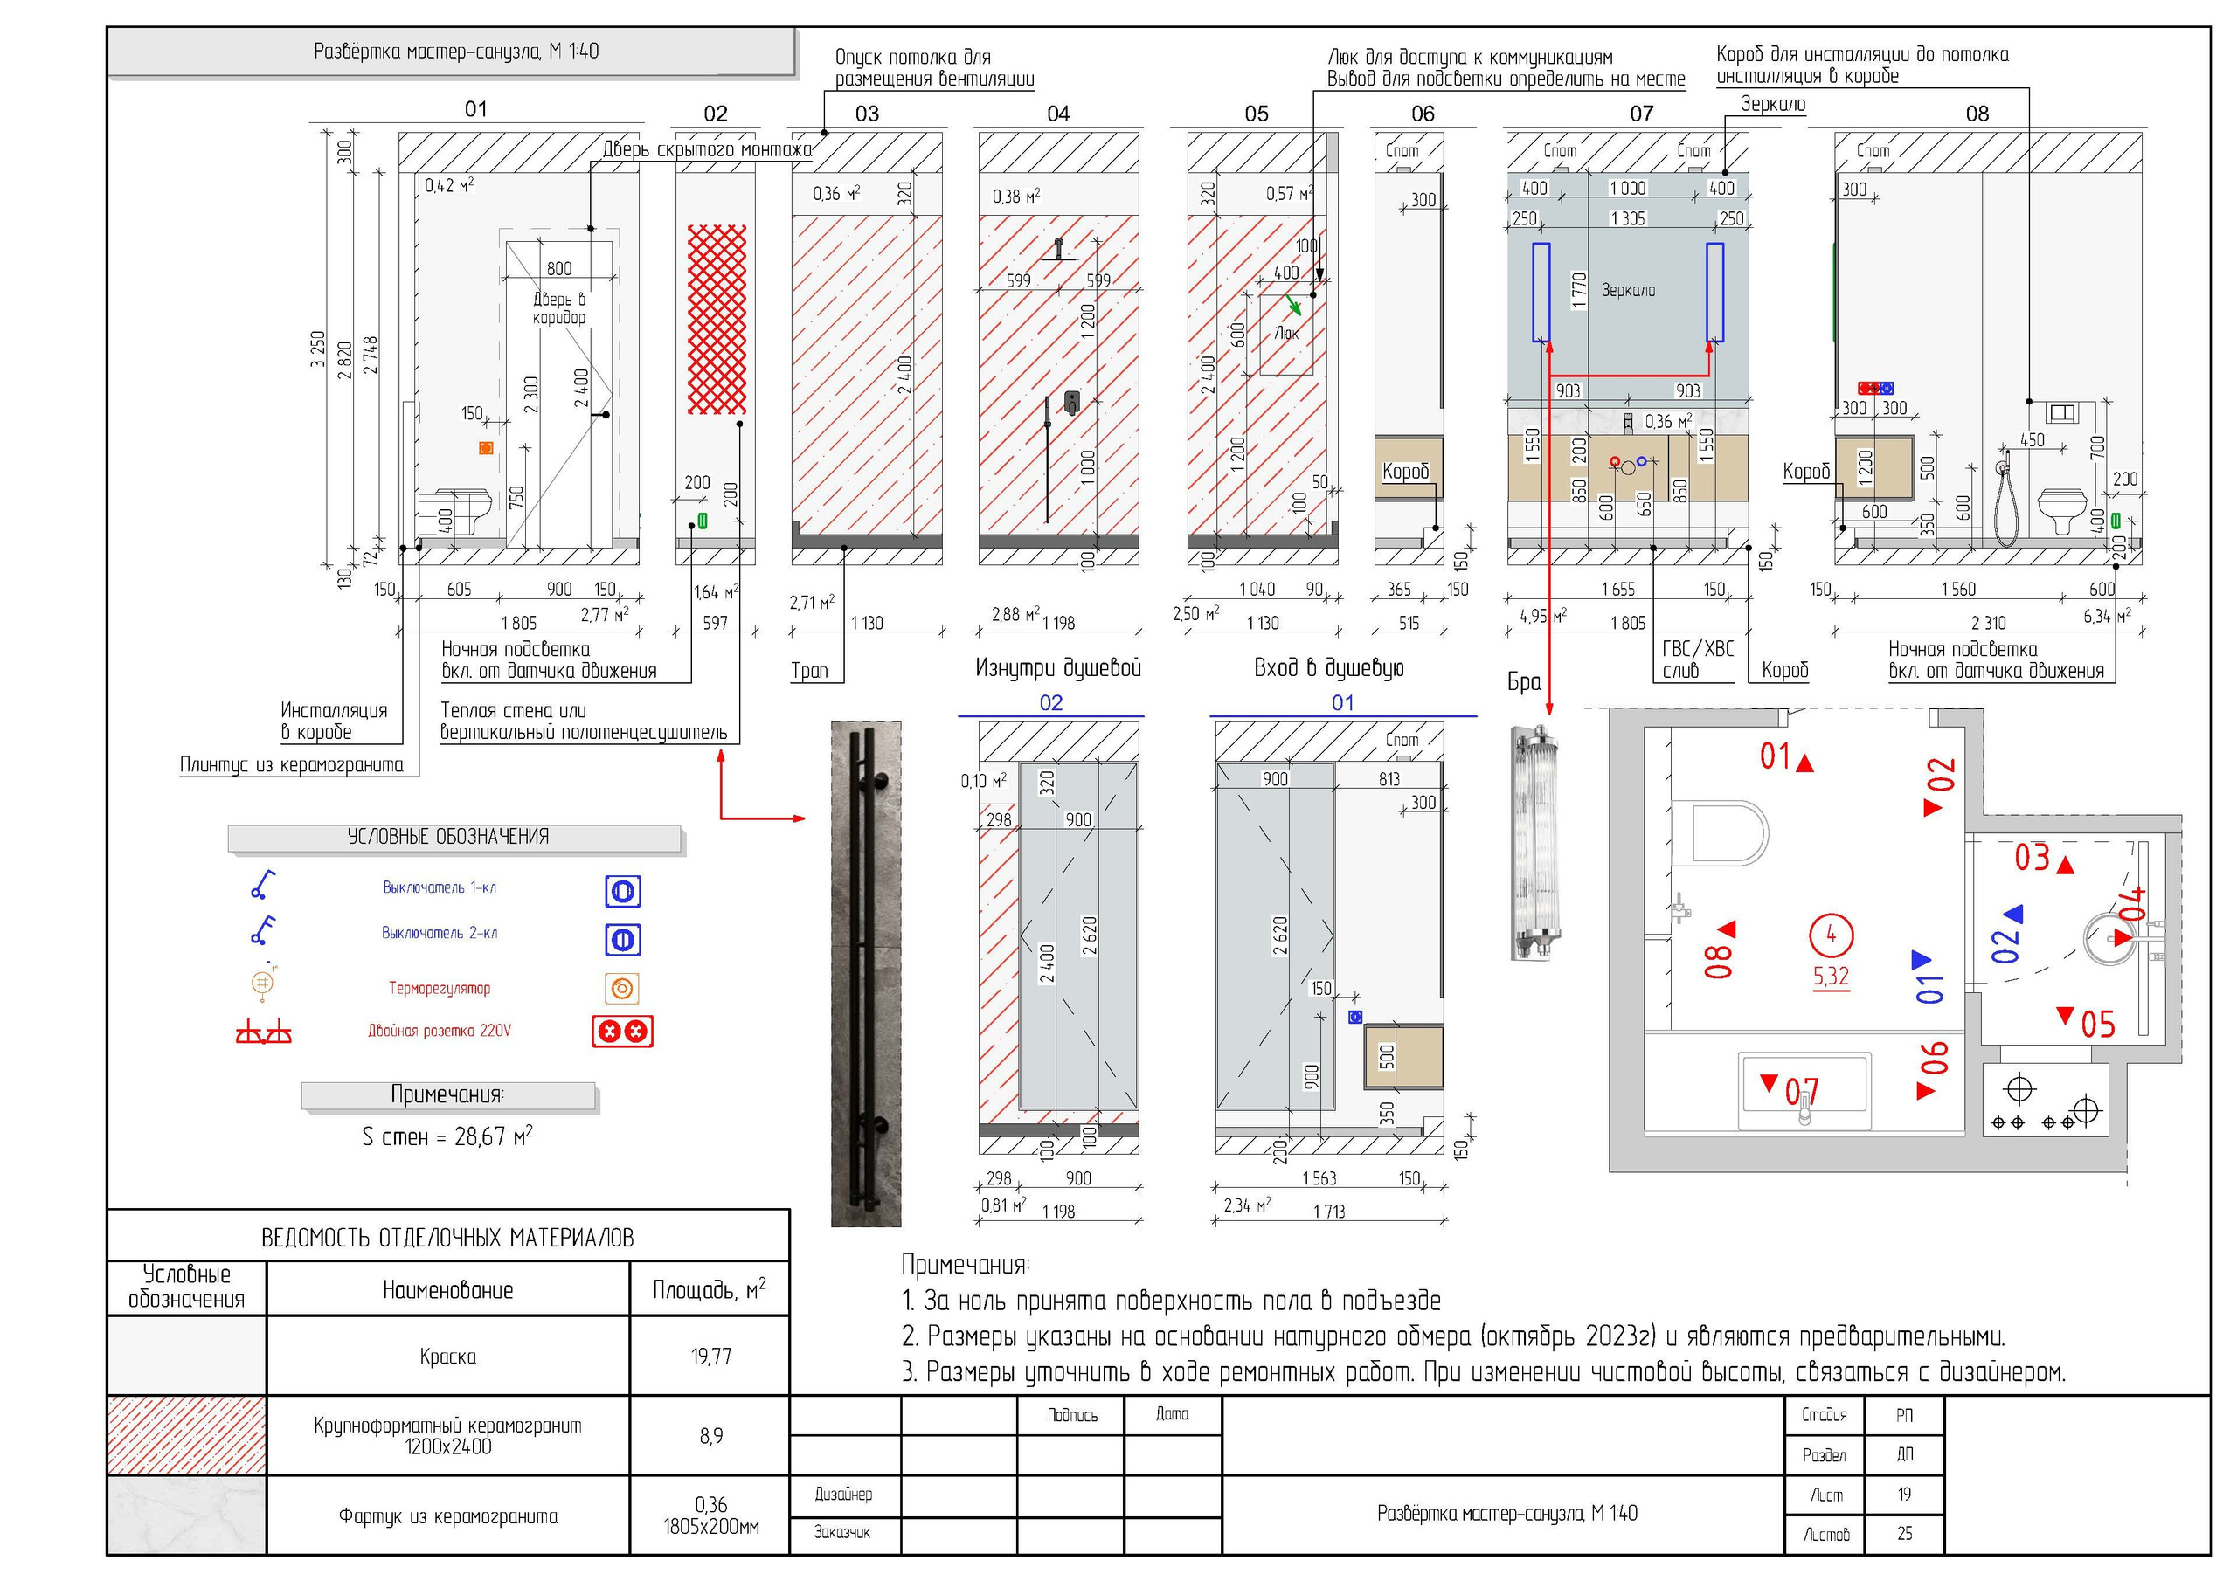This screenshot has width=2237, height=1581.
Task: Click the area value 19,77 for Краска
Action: tap(710, 1355)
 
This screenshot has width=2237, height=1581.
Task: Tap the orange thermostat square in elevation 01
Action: tap(485, 448)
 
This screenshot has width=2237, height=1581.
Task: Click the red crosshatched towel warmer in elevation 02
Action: tap(717, 320)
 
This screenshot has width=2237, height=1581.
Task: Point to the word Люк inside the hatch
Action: tap(1286, 333)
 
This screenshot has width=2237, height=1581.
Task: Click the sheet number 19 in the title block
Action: tap(1904, 1494)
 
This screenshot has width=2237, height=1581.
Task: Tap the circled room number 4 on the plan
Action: tap(1831, 934)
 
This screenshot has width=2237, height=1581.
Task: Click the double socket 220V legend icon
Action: tap(622, 1031)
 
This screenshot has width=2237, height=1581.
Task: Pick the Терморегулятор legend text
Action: tap(440, 988)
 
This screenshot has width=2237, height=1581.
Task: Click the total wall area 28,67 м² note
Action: tap(447, 1136)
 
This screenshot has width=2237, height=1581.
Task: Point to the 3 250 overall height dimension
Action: tap(317, 349)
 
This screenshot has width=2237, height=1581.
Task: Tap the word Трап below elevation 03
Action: tap(808, 670)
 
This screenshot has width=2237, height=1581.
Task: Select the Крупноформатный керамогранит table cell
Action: tap(447, 1435)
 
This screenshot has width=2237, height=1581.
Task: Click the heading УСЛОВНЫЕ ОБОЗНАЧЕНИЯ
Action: tap(448, 837)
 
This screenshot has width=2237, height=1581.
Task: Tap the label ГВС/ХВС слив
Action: tap(1697, 659)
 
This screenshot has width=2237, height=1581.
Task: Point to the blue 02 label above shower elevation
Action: tap(1050, 702)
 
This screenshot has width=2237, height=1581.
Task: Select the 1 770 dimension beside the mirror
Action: tap(1578, 290)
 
